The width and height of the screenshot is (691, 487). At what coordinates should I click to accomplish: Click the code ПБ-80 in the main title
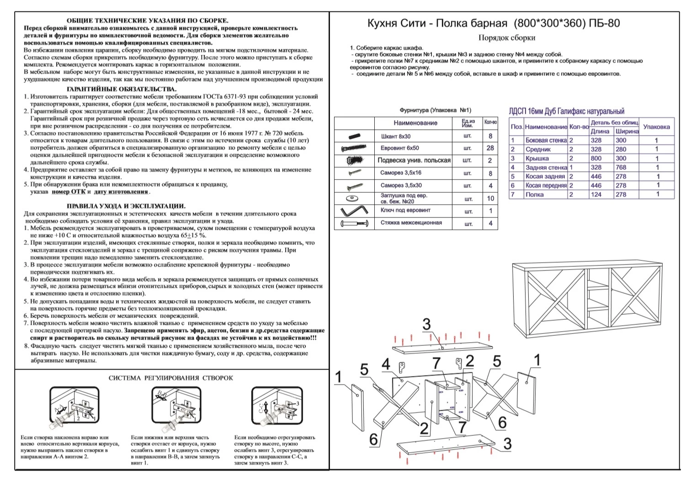[x=604, y=23]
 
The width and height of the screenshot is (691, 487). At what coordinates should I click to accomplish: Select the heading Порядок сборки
[x=507, y=38]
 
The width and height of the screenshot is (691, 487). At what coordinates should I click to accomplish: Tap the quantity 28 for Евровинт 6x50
[x=490, y=148]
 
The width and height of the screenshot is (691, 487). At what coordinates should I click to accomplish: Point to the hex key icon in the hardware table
[x=354, y=211]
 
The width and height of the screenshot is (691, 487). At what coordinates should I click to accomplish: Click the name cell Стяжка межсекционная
[x=411, y=222]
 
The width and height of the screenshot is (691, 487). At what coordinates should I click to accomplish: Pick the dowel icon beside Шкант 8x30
[x=355, y=136]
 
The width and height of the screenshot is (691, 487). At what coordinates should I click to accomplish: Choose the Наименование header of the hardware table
[x=415, y=123]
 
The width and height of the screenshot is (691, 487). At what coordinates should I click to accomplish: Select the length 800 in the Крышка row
[x=596, y=159]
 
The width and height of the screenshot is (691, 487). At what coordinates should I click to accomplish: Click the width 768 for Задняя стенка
[x=621, y=168]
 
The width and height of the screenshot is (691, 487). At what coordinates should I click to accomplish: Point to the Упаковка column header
[x=656, y=127]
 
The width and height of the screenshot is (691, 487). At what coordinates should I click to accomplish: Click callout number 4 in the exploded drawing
[x=386, y=365]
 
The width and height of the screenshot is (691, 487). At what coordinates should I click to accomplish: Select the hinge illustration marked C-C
[x=277, y=405]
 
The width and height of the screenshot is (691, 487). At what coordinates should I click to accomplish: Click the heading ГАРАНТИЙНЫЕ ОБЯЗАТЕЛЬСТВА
[x=122, y=89]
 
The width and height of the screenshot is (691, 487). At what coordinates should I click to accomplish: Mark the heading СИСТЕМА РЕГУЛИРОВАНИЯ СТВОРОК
[x=170, y=378]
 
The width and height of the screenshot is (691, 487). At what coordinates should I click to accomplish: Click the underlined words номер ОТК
[x=69, y=192]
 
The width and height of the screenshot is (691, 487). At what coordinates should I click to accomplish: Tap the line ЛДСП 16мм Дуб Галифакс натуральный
[x=566, y=111]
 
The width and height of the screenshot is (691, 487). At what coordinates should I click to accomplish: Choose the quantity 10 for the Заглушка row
[x=490, y=199]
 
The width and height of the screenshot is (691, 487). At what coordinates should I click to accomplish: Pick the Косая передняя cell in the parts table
[x=546, y=185]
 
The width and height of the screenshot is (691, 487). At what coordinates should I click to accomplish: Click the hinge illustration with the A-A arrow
[x=74, y=405]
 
